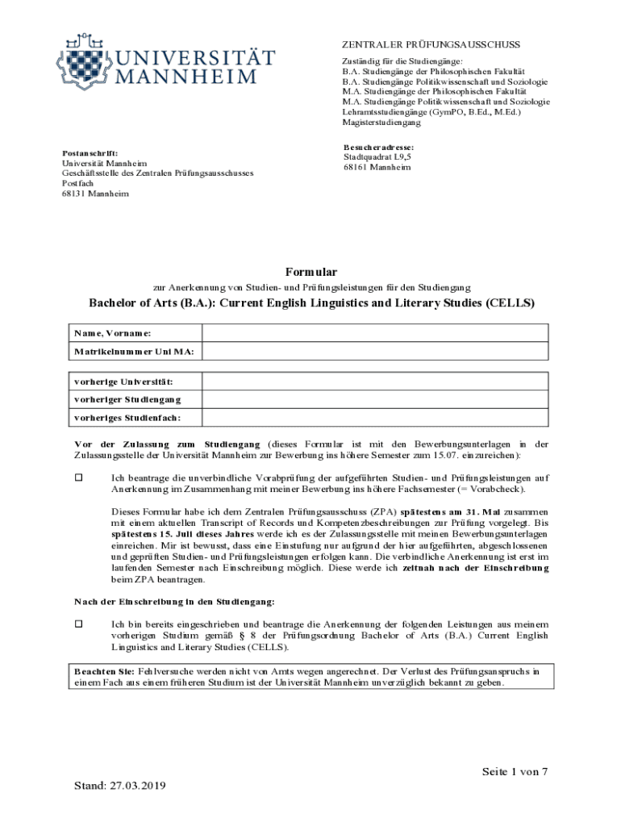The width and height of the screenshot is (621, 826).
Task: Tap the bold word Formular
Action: point(310,272)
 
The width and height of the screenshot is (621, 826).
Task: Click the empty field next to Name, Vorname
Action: point(375,333)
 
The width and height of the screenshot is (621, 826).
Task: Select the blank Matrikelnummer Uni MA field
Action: point(375,353)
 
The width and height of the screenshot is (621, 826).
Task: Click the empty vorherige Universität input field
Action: point(375,381)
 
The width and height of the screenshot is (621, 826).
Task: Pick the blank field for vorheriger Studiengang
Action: point(375,399)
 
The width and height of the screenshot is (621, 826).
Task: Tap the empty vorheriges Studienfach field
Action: point(375,418)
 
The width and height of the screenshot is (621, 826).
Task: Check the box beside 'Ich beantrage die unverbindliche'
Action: point(79,478)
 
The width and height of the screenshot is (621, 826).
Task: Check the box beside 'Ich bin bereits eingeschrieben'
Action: point(79,624)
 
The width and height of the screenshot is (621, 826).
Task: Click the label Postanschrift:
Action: point(90,152)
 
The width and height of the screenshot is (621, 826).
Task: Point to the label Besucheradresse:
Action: point(378,148)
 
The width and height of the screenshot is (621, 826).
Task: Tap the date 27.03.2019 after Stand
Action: point(134,785)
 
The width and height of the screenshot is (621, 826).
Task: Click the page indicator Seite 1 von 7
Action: point(515,772)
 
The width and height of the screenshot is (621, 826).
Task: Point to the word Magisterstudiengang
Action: point(381,123)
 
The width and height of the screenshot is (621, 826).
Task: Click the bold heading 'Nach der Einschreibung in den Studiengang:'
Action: point(173,602)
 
